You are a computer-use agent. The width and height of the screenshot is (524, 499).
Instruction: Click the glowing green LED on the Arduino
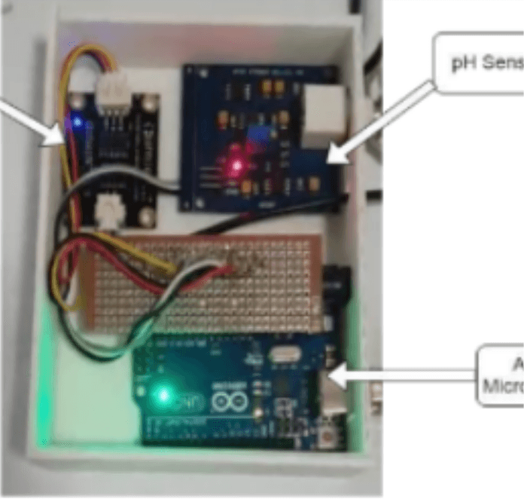click(x=163, y=394)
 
